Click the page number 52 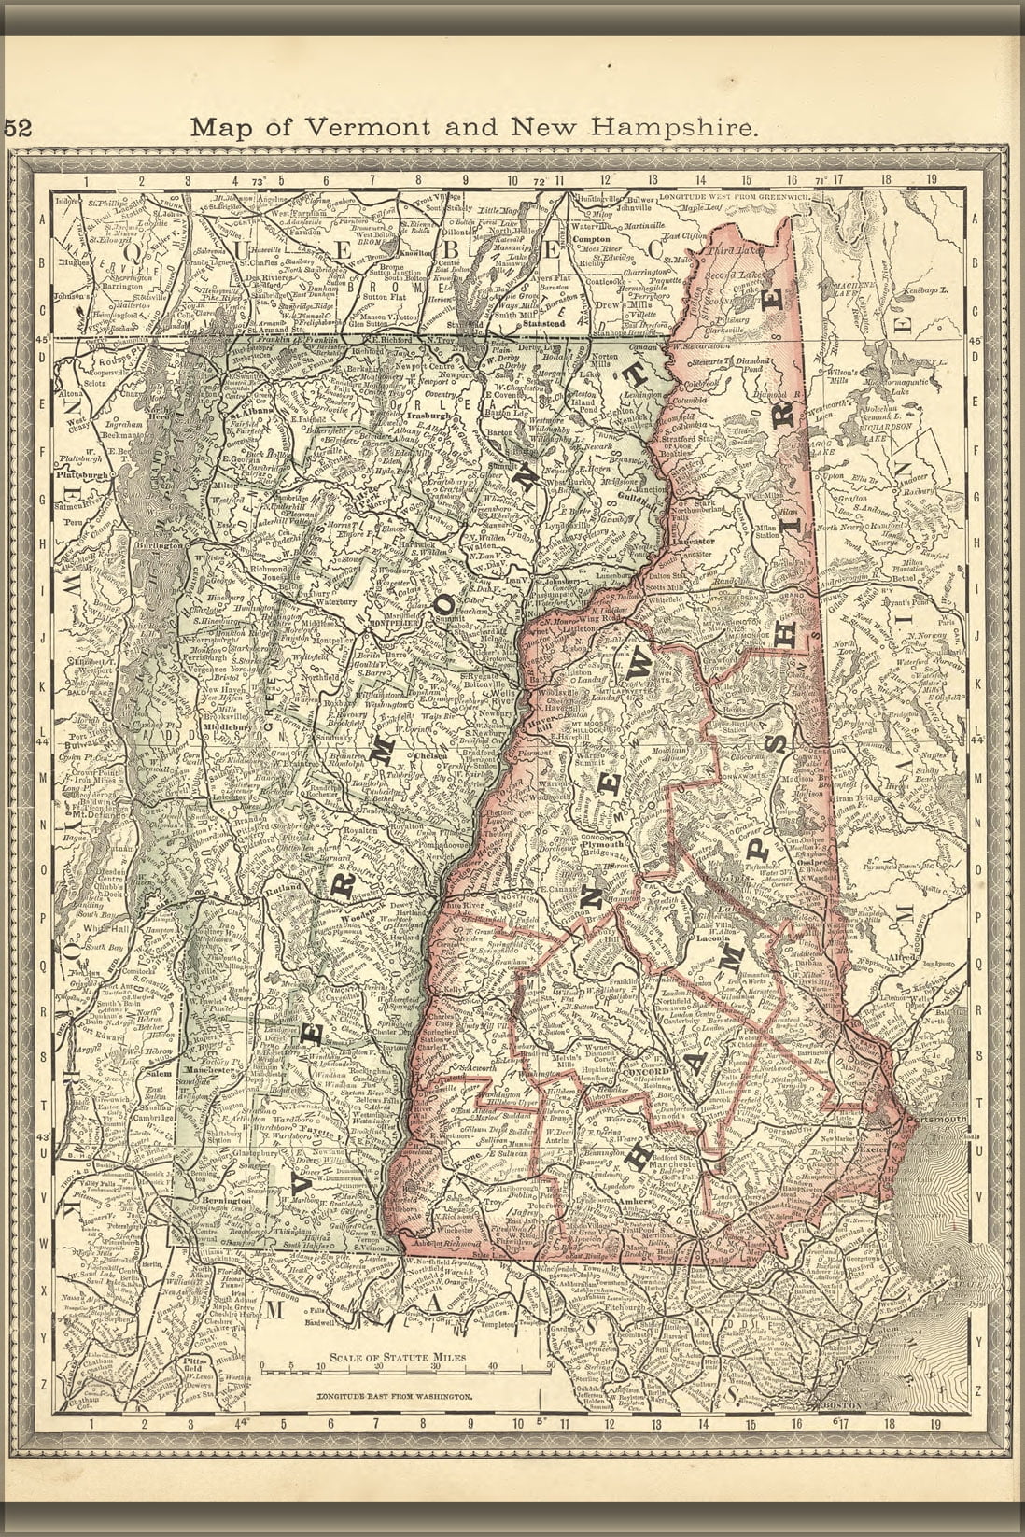pos(18,129)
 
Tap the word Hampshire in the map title pos(685,128)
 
